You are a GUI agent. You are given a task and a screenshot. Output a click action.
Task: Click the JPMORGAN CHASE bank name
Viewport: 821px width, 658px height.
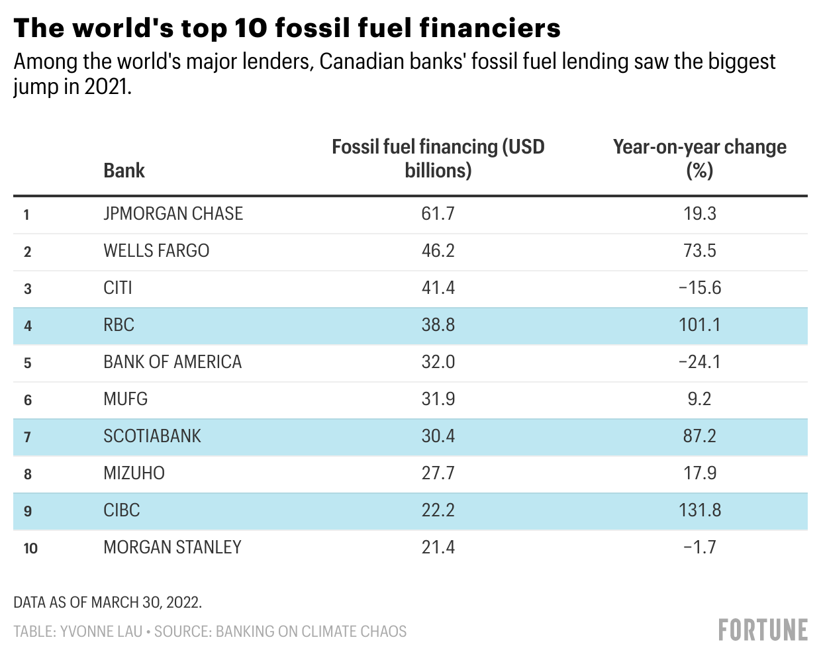[x=173, y=213]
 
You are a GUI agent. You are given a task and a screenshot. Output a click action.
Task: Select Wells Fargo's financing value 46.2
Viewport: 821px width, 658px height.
[x=438, y=251]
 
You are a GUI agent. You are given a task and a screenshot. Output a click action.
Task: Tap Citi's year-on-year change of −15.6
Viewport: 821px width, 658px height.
[x=700, y=287]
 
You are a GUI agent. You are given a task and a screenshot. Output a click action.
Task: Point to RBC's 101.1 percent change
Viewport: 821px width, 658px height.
[x=700, y=324]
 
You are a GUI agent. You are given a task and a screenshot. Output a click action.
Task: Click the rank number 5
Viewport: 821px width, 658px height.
[x=27, y=363]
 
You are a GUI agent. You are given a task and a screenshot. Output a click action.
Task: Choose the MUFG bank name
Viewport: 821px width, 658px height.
[x=126, y=399]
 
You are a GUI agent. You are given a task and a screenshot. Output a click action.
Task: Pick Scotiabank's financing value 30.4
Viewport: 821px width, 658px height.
[x=438, y=436]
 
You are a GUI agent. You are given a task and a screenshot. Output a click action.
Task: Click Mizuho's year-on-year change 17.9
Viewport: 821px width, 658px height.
[x=700, y=473]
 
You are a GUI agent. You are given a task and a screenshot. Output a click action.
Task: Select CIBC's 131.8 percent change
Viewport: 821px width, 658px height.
[x=700, y=510]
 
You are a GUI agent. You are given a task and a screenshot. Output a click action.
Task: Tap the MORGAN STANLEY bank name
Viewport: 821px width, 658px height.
[x=172, y=547]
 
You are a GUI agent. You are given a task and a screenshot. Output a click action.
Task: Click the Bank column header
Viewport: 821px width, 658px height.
[x=124, y=170]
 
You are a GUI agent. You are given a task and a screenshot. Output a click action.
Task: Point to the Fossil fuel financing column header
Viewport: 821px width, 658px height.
[x=438, y=158]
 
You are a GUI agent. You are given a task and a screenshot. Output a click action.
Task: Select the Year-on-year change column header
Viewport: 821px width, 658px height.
[x=700, y=158]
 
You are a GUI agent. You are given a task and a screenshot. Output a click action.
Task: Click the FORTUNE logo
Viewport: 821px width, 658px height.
[x=763, y=630]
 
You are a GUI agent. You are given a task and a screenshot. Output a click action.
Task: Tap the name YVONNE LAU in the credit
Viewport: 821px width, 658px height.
[x=101, y=632]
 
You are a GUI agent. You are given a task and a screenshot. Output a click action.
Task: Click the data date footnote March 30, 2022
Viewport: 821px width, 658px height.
[x=146, y=602]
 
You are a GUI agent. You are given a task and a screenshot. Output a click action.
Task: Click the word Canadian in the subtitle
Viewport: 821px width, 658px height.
[x=362, y=62]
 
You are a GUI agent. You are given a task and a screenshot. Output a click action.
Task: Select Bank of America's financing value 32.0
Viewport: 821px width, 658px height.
[x=438, y=361]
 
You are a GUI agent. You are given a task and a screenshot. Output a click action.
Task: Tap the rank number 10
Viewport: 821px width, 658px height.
[x=30, y=548]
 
